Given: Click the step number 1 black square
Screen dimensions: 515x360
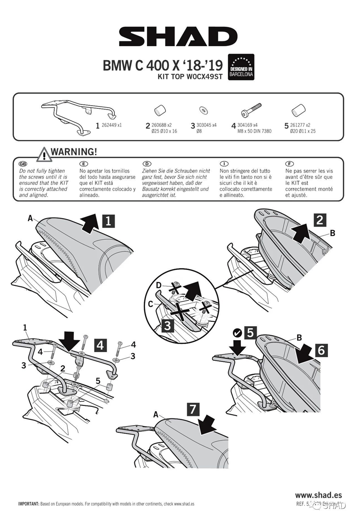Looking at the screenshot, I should pos(109,221).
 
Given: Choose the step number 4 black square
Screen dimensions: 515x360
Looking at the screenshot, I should pos(100,344).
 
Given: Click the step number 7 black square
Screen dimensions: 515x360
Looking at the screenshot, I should pos(192,409).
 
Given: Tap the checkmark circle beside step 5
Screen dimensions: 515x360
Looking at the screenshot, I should pos(236,332).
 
